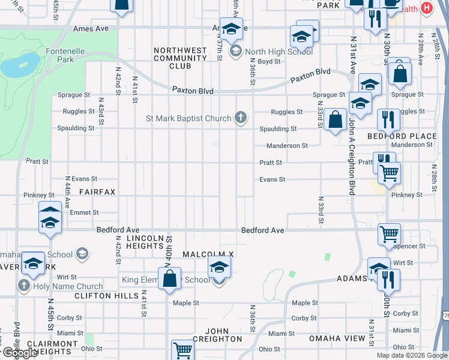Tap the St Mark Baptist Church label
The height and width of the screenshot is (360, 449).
tap(188, 118)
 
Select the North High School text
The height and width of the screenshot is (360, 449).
tap(279, 52)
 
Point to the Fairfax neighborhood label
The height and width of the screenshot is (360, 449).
tap(97, 191)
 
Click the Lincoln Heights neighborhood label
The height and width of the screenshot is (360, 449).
tap(145, 242)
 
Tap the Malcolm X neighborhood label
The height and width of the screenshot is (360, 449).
tap(208, 254)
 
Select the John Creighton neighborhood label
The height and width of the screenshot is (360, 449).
tap(224, 335)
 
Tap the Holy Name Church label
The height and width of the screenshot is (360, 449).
tap(68, 286)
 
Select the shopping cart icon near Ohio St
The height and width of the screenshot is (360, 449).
tap(182, 350)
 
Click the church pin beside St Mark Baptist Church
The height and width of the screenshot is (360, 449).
tap(241, 118)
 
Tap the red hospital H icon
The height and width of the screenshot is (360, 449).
tap(426, 8)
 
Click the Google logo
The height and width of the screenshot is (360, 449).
tap(20, 353)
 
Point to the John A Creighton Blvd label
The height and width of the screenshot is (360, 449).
tap(351, 156)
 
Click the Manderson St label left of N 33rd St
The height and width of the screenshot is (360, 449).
tap(287, 146)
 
